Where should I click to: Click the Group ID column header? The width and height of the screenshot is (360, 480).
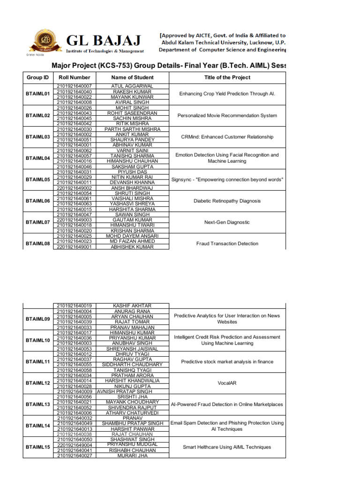(x=38, y=77)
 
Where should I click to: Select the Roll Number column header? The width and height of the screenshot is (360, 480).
(x=75, y=77)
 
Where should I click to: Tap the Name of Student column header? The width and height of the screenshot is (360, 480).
(x=132, y=77)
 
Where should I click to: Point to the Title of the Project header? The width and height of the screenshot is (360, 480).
(x=227, y=77)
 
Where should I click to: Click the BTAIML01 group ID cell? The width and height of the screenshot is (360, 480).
(x=38, y=94)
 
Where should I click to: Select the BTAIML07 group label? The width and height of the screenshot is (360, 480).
(x=38, y=222)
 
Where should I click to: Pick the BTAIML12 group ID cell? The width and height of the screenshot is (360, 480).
(x=38, y=383)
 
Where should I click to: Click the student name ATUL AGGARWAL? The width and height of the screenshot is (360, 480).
(x=132, y=86)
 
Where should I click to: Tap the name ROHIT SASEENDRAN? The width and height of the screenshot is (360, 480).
(x=132, y=113)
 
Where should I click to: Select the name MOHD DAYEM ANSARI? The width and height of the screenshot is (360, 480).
(x=132, y=236)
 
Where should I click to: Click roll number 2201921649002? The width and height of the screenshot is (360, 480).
(x=75, y=188)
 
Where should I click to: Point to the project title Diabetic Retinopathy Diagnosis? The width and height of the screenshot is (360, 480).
(x=227, y=201)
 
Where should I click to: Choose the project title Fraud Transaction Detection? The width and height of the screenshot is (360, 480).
(x=227, y=244)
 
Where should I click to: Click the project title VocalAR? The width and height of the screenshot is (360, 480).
(x=227, y=383)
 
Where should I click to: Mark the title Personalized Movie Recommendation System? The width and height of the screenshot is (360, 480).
(x=227, y=116)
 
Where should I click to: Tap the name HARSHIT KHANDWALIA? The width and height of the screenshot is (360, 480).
(x=132, y=381)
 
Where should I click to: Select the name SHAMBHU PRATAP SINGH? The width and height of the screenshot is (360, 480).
(x=133, y=423)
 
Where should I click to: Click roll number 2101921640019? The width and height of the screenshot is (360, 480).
(x=75, y=306)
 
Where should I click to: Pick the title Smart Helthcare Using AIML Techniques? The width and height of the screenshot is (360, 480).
(x=227, y=447)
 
